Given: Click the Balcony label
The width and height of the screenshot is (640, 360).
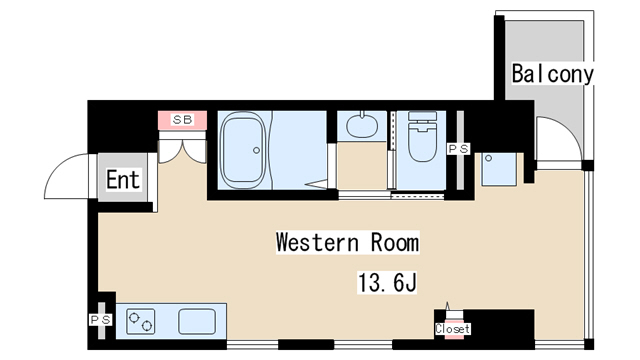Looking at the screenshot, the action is (x=553, y=74).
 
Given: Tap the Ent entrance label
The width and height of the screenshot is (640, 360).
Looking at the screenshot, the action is (x=123, y=180).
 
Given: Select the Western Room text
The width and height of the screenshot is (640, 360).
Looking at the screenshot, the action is (x=347, y=242).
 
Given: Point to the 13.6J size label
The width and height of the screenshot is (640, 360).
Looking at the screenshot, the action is (x=387, y=282).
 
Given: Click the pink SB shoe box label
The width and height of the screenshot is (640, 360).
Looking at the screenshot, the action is (x=182, y=120).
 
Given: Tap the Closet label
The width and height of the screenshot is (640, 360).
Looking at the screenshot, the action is (x=452, y=329).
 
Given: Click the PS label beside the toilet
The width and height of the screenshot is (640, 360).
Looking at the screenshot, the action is (x=459, y=149).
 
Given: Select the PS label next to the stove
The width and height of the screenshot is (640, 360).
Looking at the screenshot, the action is (x=100, y=320).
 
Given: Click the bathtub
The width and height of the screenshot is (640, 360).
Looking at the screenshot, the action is (x=242, y=150).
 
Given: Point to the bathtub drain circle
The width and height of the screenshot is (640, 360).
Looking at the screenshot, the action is (x=256, y=150).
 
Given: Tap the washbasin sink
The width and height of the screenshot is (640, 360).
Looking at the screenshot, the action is (x=362, y=125).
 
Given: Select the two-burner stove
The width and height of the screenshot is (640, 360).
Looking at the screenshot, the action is (x=140, y=321).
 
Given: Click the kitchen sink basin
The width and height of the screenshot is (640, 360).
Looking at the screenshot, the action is (x=197, y=321).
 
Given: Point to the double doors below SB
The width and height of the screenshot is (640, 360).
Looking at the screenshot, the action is (x=182, y=151).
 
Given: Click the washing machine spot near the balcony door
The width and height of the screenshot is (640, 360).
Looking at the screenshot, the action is (x=499, y=169).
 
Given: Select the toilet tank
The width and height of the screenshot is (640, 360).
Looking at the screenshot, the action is (x=422, y=116).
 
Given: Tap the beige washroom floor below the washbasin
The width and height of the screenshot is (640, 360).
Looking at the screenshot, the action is (x=362, y=166).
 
